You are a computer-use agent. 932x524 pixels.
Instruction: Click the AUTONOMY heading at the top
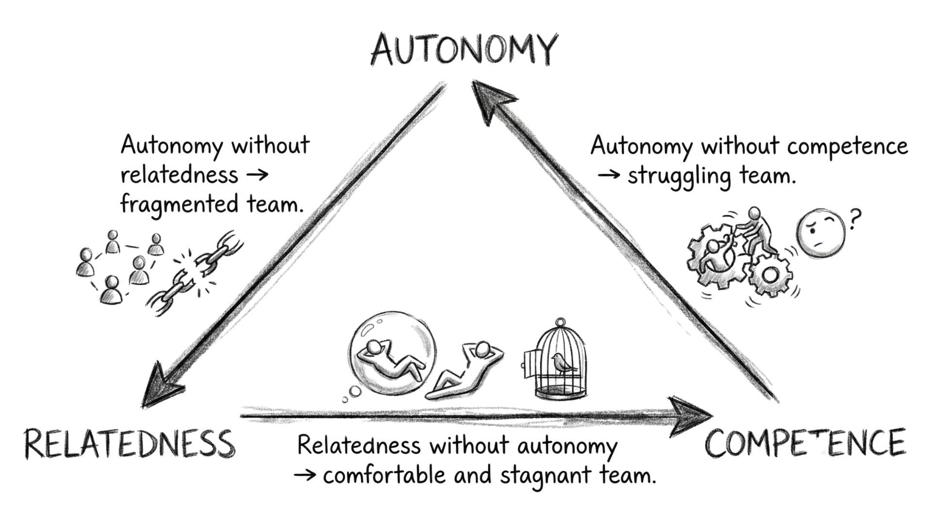462,50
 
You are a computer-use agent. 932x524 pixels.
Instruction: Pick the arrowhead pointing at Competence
689,416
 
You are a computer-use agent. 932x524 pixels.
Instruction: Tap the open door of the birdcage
529,364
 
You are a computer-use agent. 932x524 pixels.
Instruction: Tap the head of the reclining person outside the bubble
483,349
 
